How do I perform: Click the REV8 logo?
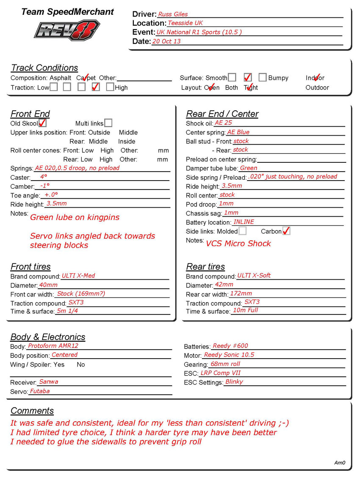pyautogui.click(x=67, y=31)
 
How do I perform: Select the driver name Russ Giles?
pyautogui.click(x=173, y=14)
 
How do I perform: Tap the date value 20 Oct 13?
pyautogui.click(x=166, y=41)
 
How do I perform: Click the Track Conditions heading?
pyautogui.click(x=44, y=68)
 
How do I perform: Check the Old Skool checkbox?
pyautogui.click(x=42, y=123)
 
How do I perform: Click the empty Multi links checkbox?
pyautogui.click(x=108, y=123)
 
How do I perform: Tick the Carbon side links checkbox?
pyautogui.click(x=286, y=231)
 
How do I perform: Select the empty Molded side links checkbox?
pyautogui.click(x=242, y=231)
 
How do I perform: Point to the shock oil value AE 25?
pyautogui.click(x=223, y=123)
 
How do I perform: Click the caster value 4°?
pyautogui.click(x=44, y=177)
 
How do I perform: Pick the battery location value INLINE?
pyautogui.click(x=244, y=222)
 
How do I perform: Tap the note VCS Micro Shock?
pyautogui.click(x=238, y=244)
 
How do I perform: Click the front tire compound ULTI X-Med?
pyautogui.click(x=78, y=276)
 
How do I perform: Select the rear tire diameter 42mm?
pyautogui.click(x=224, y=284)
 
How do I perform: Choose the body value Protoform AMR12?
pyautogui.click(x=53, y=346)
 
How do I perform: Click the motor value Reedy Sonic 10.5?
pyautogui.click(x=229, y=355)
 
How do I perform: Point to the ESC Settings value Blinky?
pyautogui.click(x=234, y=382)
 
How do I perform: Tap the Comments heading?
pyautogui.click(x=32, y=411)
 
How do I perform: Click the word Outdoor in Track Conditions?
pyautogui.click(x=317, y=88)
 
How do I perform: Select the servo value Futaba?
pyautogui.click(x=40, y=391)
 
